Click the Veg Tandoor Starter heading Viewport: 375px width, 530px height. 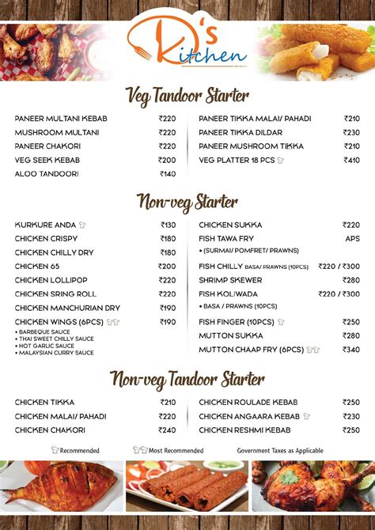187,96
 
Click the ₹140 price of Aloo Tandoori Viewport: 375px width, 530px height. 168,174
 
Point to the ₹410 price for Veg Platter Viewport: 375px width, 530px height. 351,160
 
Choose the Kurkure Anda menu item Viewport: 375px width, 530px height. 46,225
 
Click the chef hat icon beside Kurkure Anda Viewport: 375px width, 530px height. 82,225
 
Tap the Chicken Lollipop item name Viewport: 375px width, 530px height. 51,280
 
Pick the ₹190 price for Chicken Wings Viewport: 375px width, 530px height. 168,322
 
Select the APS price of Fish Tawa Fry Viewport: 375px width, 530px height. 352,239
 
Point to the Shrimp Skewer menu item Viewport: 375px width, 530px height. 231,280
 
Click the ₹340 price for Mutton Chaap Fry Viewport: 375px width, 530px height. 351,350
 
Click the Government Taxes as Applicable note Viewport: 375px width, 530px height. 280,451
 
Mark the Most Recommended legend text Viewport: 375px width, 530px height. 175,451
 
